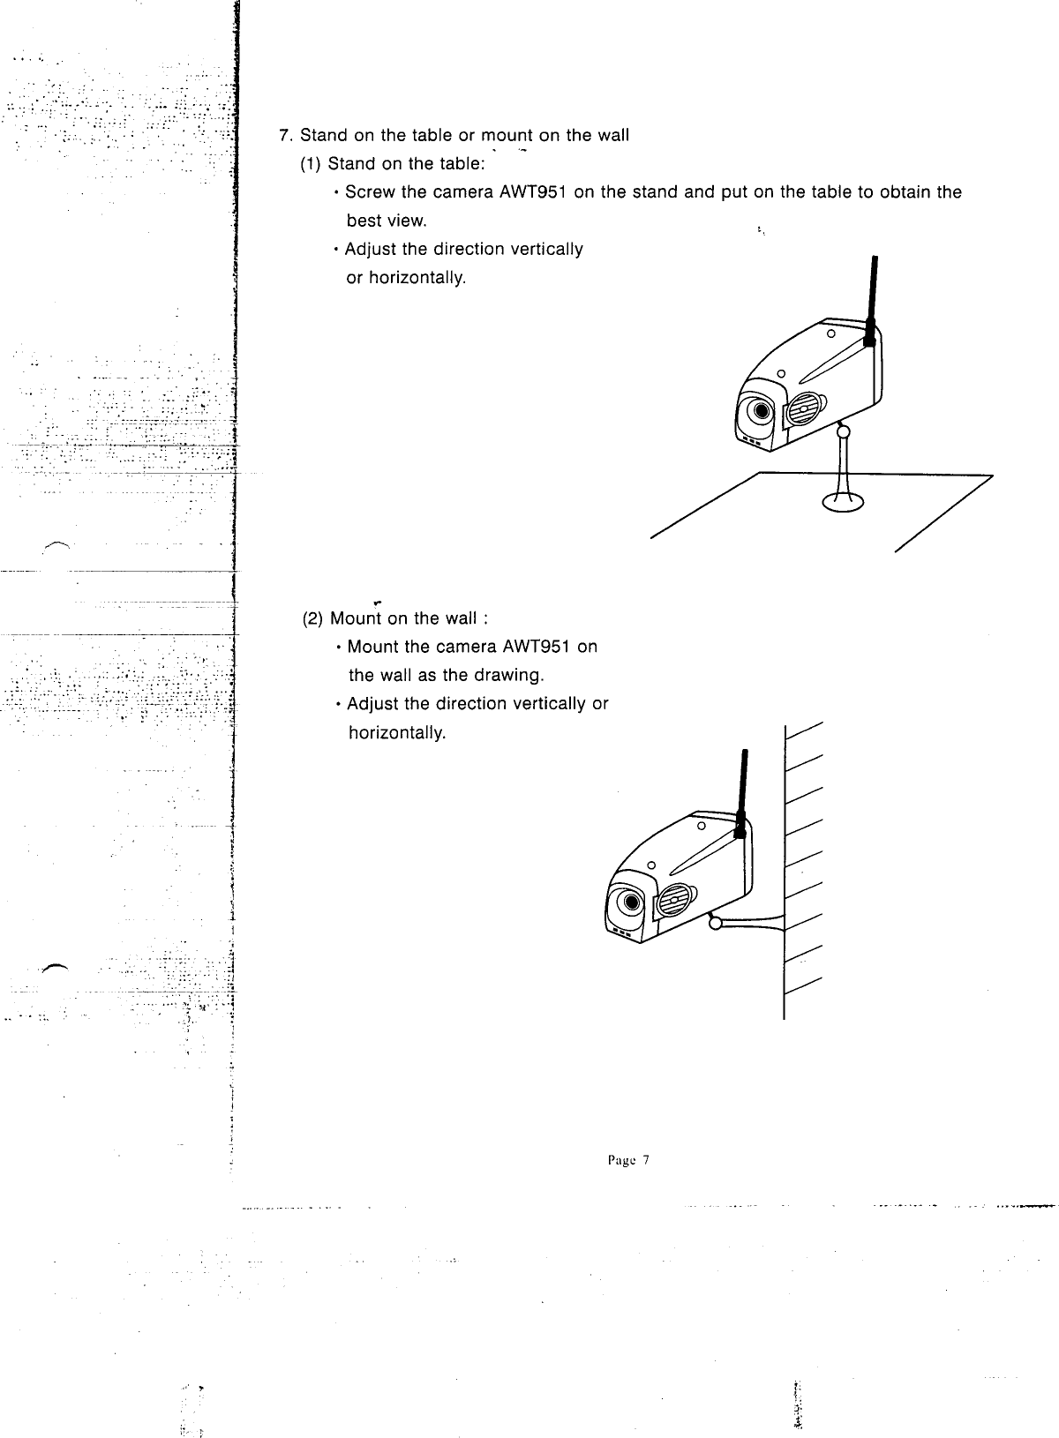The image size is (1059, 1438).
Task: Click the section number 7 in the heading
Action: point(284,136)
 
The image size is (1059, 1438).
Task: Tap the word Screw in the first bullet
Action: point(369,192)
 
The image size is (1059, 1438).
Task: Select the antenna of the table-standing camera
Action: point(871,300)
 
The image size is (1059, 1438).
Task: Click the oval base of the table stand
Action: point(844,501)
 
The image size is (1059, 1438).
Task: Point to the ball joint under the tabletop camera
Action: point(844,431)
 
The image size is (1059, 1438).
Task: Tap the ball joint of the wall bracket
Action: point(716,923)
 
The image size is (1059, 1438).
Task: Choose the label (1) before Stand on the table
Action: point(313,164)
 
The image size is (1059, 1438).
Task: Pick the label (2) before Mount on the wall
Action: point(313,618)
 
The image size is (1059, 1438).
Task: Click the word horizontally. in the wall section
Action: point(398,733)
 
